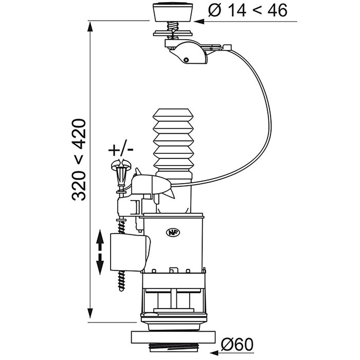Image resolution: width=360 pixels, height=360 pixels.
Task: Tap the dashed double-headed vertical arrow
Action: (x=100, y=252)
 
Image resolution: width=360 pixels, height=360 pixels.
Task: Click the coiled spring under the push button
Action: (x=173, y=25)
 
